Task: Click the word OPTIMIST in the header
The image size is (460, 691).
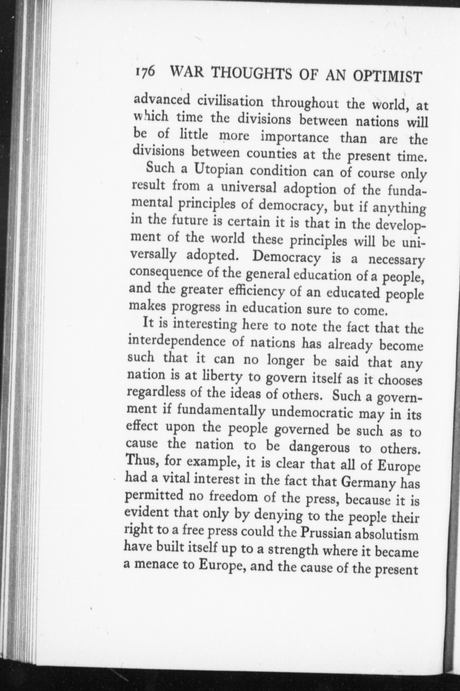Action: [387, 77]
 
